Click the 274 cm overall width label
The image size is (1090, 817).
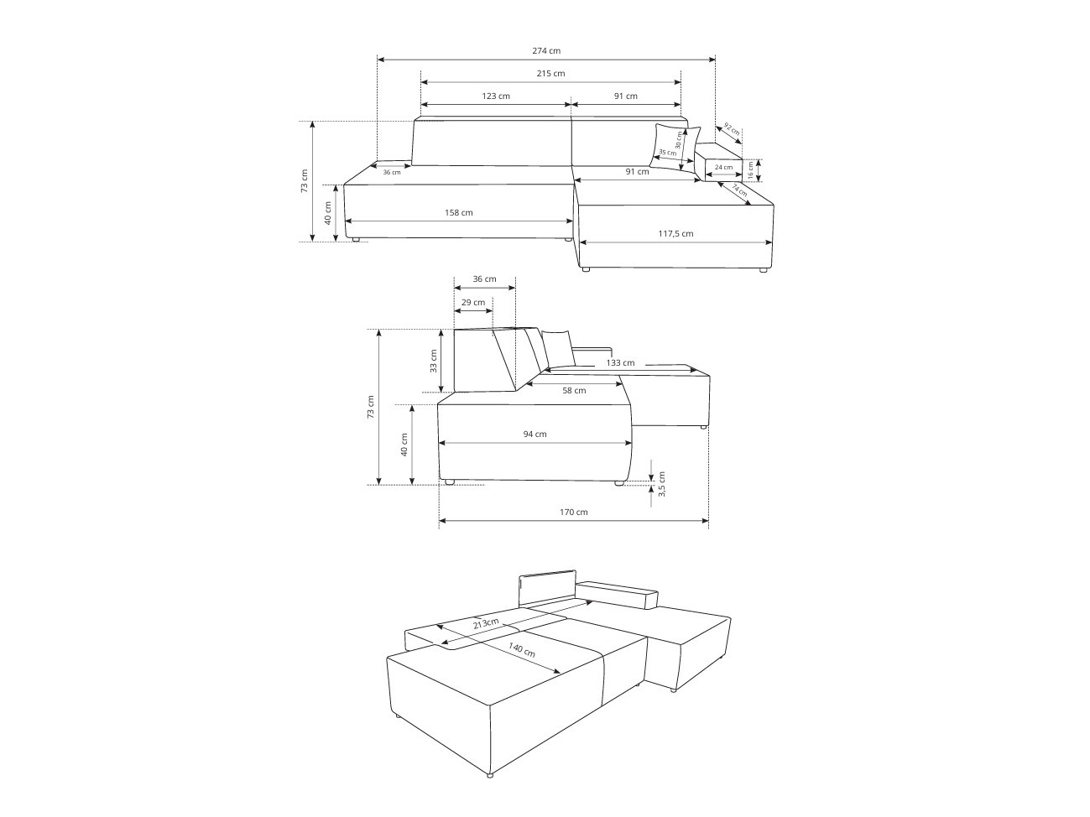tap(546, 50)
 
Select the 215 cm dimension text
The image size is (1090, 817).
tap(550, 74)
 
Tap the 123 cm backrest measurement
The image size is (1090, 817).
tap(496, 96)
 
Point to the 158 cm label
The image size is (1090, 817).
tap(458, 212)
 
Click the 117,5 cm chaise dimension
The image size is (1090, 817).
tap(675, 233)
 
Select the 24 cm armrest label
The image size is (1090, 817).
tap(723, 167)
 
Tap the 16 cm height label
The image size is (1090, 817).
tap(750, 169)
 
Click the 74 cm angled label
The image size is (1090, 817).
tap(739, 190)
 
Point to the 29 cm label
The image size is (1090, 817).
tap(472, 302)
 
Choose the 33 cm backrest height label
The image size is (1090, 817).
tap(434, 361)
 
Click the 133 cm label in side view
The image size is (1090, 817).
tap(620, 363)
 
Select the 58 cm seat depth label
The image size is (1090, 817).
tap(574, 391)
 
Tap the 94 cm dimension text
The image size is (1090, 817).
tap(535, 434)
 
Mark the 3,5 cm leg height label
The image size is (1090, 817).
tap(661, 484)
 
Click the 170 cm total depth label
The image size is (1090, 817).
tap(574, 512)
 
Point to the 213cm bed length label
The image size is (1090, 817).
tap(486, 623)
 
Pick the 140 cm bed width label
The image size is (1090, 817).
tap(522, 649)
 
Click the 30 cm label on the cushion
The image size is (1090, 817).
tap(679, 139)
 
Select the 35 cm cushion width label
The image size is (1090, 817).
tap(667, 153)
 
